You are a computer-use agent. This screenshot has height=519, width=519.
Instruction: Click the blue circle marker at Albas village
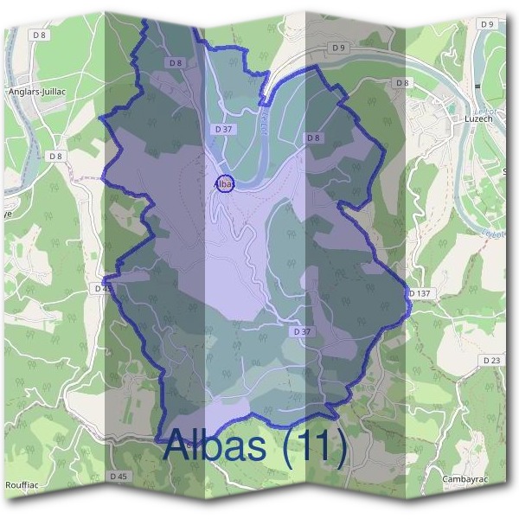224,183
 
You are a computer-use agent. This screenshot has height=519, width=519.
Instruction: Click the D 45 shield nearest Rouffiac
119,477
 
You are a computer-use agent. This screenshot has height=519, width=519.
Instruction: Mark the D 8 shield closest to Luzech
401,83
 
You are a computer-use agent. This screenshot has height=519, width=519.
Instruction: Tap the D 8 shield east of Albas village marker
313,138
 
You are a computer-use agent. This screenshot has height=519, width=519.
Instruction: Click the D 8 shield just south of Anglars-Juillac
56,156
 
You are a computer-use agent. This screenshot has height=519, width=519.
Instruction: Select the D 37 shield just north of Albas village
223,129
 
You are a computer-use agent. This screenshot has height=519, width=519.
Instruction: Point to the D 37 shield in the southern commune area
302,331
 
